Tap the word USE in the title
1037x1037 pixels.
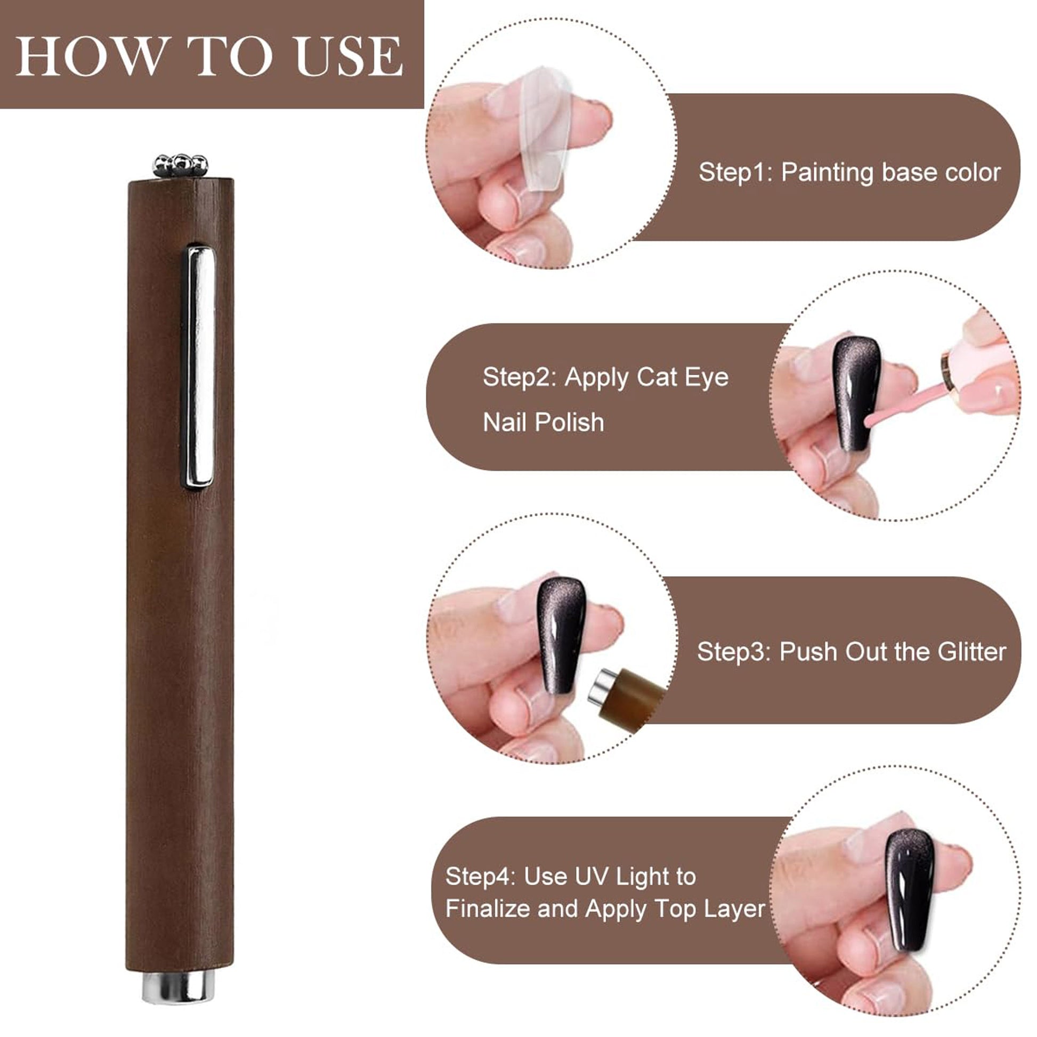349,56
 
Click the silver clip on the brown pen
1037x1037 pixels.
201,367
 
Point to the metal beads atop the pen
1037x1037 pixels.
180,165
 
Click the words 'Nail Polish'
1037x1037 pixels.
543,423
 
